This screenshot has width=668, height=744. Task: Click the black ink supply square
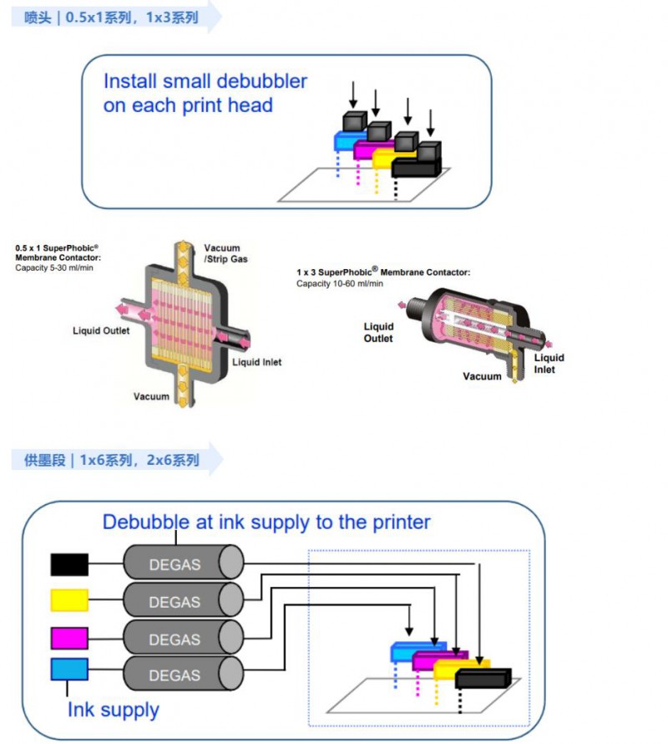pos(69,565)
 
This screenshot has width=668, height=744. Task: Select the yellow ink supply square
pos(69,600)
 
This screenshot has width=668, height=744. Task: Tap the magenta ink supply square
pos(69,637)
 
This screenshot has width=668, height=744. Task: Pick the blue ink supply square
pos(69,670)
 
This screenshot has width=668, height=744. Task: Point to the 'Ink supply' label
pos(113,711)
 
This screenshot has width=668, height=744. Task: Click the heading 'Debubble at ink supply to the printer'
pos(266,522)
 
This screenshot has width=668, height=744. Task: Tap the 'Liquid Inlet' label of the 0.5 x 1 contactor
pos(256,362)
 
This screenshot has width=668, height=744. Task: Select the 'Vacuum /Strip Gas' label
pos(225,253)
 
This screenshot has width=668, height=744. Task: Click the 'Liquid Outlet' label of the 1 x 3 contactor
pos(378,332)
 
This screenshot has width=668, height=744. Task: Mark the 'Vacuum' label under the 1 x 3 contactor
pos(483,376)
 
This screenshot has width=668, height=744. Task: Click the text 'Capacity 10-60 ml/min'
pos(340,284)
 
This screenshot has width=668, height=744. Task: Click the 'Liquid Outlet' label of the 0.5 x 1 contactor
pos(101,331)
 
